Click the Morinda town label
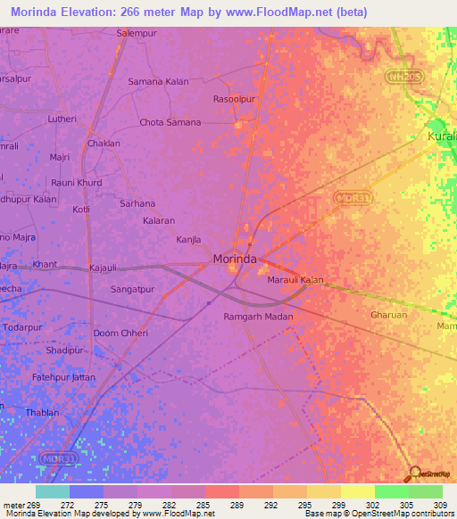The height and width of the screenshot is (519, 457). click(235, 259)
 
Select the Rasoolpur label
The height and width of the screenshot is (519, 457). click(235, 99)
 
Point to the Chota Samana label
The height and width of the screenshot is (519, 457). click(170, 122)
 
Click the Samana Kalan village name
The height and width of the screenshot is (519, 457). click(158, 81)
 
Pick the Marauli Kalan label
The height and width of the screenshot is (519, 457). click(295, 280)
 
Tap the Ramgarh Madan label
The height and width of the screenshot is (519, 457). click(258, 316)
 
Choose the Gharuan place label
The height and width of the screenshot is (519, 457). click(388, 315)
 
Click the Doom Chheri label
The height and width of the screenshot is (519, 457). click(120, 333)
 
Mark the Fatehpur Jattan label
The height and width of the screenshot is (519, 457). click(64, 378)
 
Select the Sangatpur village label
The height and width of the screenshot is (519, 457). click(132, 290)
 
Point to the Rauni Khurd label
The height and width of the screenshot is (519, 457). click(76, 183)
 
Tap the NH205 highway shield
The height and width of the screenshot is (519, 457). click(404, 78)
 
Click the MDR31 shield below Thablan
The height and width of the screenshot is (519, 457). click(54, 457)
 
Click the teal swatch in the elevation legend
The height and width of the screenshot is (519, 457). click(53, 491)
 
